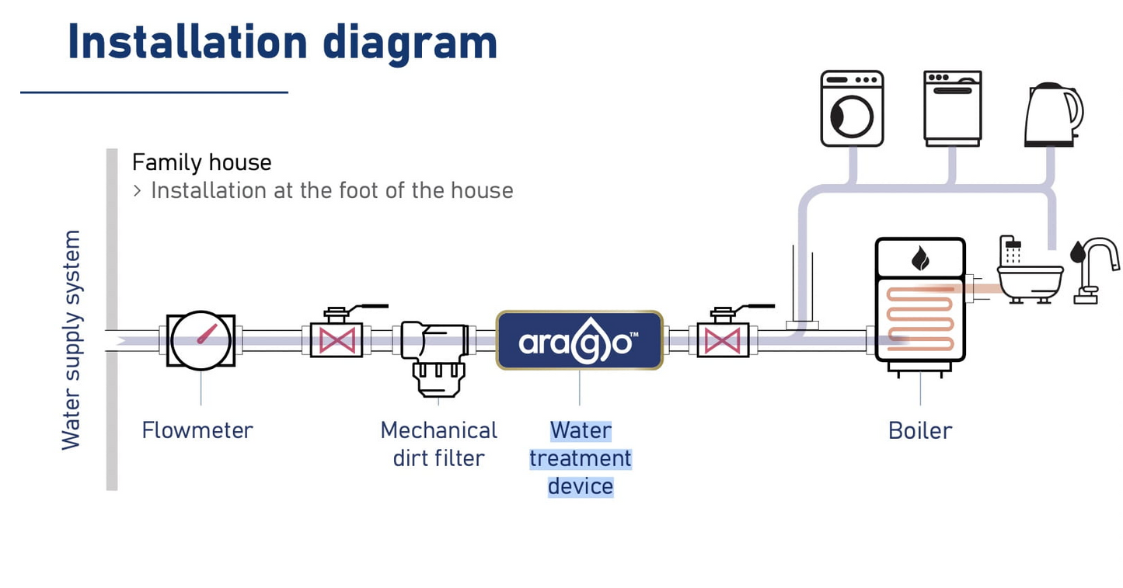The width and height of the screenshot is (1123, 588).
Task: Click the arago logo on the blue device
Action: pos(579,342)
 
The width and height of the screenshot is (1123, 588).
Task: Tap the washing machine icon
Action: pos(852,109)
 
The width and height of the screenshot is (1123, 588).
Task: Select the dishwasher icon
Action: pos(953,108)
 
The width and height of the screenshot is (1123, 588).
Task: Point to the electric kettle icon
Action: pos(1052,114)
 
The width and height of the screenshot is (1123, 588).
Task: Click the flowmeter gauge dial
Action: pos(201,339)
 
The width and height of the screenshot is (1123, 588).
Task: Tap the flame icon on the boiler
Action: pos(920,258)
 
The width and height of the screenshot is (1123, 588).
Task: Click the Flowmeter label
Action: pos(197,430)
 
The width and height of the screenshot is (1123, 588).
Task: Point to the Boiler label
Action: pos(920,430)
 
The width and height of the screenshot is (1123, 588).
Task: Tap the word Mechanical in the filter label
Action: pos(438,430)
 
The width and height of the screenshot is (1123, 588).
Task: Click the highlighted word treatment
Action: pos(581,458)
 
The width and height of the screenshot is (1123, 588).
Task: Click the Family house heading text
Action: pos(202,162)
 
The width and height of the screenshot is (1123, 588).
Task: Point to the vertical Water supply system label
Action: pos(71,339)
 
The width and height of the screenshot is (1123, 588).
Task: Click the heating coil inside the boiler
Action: pos(920,316)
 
